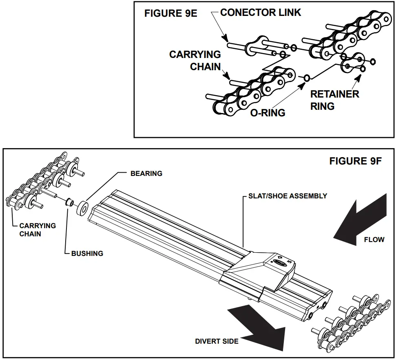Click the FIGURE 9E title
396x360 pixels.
pyautogui.click(x=170, y=13)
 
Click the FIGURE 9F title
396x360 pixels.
pyautogui.click(x=355, y=161)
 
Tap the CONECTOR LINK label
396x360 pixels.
pyautogui.click(x=261, y=13)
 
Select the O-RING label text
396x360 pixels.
pyautogui.click(x=268, y=113)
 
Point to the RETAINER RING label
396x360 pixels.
pyautogui.click(x=334, y=100)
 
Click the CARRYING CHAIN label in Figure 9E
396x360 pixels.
pyautogui.click(x=195, y=60)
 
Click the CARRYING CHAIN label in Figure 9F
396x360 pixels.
pyautogui.click(x=38, y=229)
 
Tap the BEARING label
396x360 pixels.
pyautogui.click(x=146, y=173)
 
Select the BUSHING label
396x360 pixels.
pyautogui.click(x=87, y=253)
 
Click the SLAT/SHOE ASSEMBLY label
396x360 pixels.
pyautogui.click(x=288, y=196)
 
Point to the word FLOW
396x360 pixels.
pyautogui.click(x=374, y=240)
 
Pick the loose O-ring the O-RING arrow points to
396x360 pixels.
pyautogui.click(x=306, y=78)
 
